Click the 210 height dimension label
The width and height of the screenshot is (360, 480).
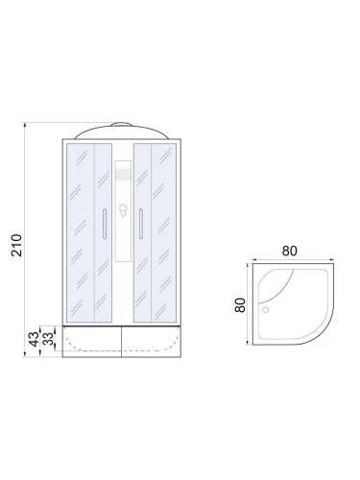tap(16, 245)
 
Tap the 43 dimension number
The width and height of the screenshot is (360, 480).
tap(34, 339)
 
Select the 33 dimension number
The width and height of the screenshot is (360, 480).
tap(48, 339)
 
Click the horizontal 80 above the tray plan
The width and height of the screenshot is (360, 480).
tap(290, 251)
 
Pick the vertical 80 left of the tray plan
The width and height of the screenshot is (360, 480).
tap(240, 305)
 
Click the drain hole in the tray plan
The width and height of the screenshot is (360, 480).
tap(266, 310)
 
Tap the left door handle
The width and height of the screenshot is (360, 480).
tap(105, 224)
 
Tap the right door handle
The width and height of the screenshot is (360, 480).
tap(141, 224)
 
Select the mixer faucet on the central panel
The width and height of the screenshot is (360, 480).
tap(123, 210)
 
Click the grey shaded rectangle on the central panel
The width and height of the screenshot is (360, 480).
tap(123, 175)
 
